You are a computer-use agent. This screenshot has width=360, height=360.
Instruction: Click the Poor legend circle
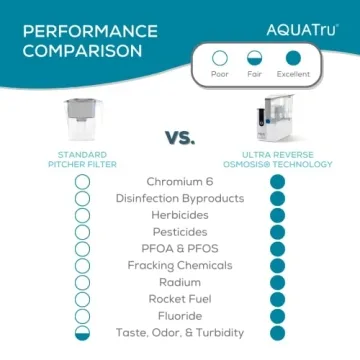coord(220,58)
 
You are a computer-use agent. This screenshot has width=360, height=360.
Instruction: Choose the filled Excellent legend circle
coord(293,58)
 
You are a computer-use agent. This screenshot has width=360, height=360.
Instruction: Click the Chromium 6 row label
coord(180,182)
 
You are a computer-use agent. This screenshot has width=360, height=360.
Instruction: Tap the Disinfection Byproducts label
coord(180,198)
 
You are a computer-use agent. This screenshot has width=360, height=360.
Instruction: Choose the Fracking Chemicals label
coord(180,266)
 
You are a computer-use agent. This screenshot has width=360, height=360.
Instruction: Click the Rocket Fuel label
coord(180,299)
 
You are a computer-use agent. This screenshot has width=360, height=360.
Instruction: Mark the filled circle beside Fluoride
coord(277,316)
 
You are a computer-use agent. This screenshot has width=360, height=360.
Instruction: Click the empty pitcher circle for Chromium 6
coord(83,182)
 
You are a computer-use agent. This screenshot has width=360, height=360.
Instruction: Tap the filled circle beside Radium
coord(277,283)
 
